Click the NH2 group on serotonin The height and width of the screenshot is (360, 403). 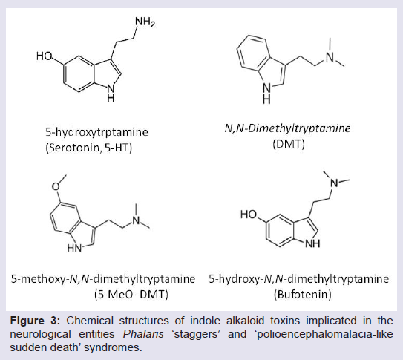[x=145, y=22]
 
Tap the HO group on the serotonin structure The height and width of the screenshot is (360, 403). [x=45, y=56]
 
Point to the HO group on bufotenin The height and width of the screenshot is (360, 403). [x=249, y=215]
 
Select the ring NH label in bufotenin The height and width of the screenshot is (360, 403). [x=312, y=243]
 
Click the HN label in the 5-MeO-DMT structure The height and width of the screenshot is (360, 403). [x=74, y=248]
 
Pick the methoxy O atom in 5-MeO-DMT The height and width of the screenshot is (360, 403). [x=56, y=186]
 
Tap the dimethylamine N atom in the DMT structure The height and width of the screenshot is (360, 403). [x=330, y=57]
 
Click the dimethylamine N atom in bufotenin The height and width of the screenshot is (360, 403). [x=334, y=183]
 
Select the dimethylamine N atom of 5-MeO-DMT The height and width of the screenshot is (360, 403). [x=136, y=220]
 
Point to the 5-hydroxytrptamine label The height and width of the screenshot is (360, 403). [x=97, y=132]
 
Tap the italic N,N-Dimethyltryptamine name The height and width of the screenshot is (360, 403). [x=287, y=128]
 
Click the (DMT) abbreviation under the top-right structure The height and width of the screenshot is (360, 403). [x=289, y=144]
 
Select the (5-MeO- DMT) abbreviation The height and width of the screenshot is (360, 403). [x=131, y=294]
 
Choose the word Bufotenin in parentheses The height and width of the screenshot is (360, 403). [x=303, y=294]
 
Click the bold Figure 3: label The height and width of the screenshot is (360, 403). [x=35, y=321]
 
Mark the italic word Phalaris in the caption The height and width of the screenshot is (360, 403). [x=143, y=334]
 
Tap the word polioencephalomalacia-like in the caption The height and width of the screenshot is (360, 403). [x=325, y=334]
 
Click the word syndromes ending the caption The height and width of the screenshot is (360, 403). [x=113, y=347]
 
